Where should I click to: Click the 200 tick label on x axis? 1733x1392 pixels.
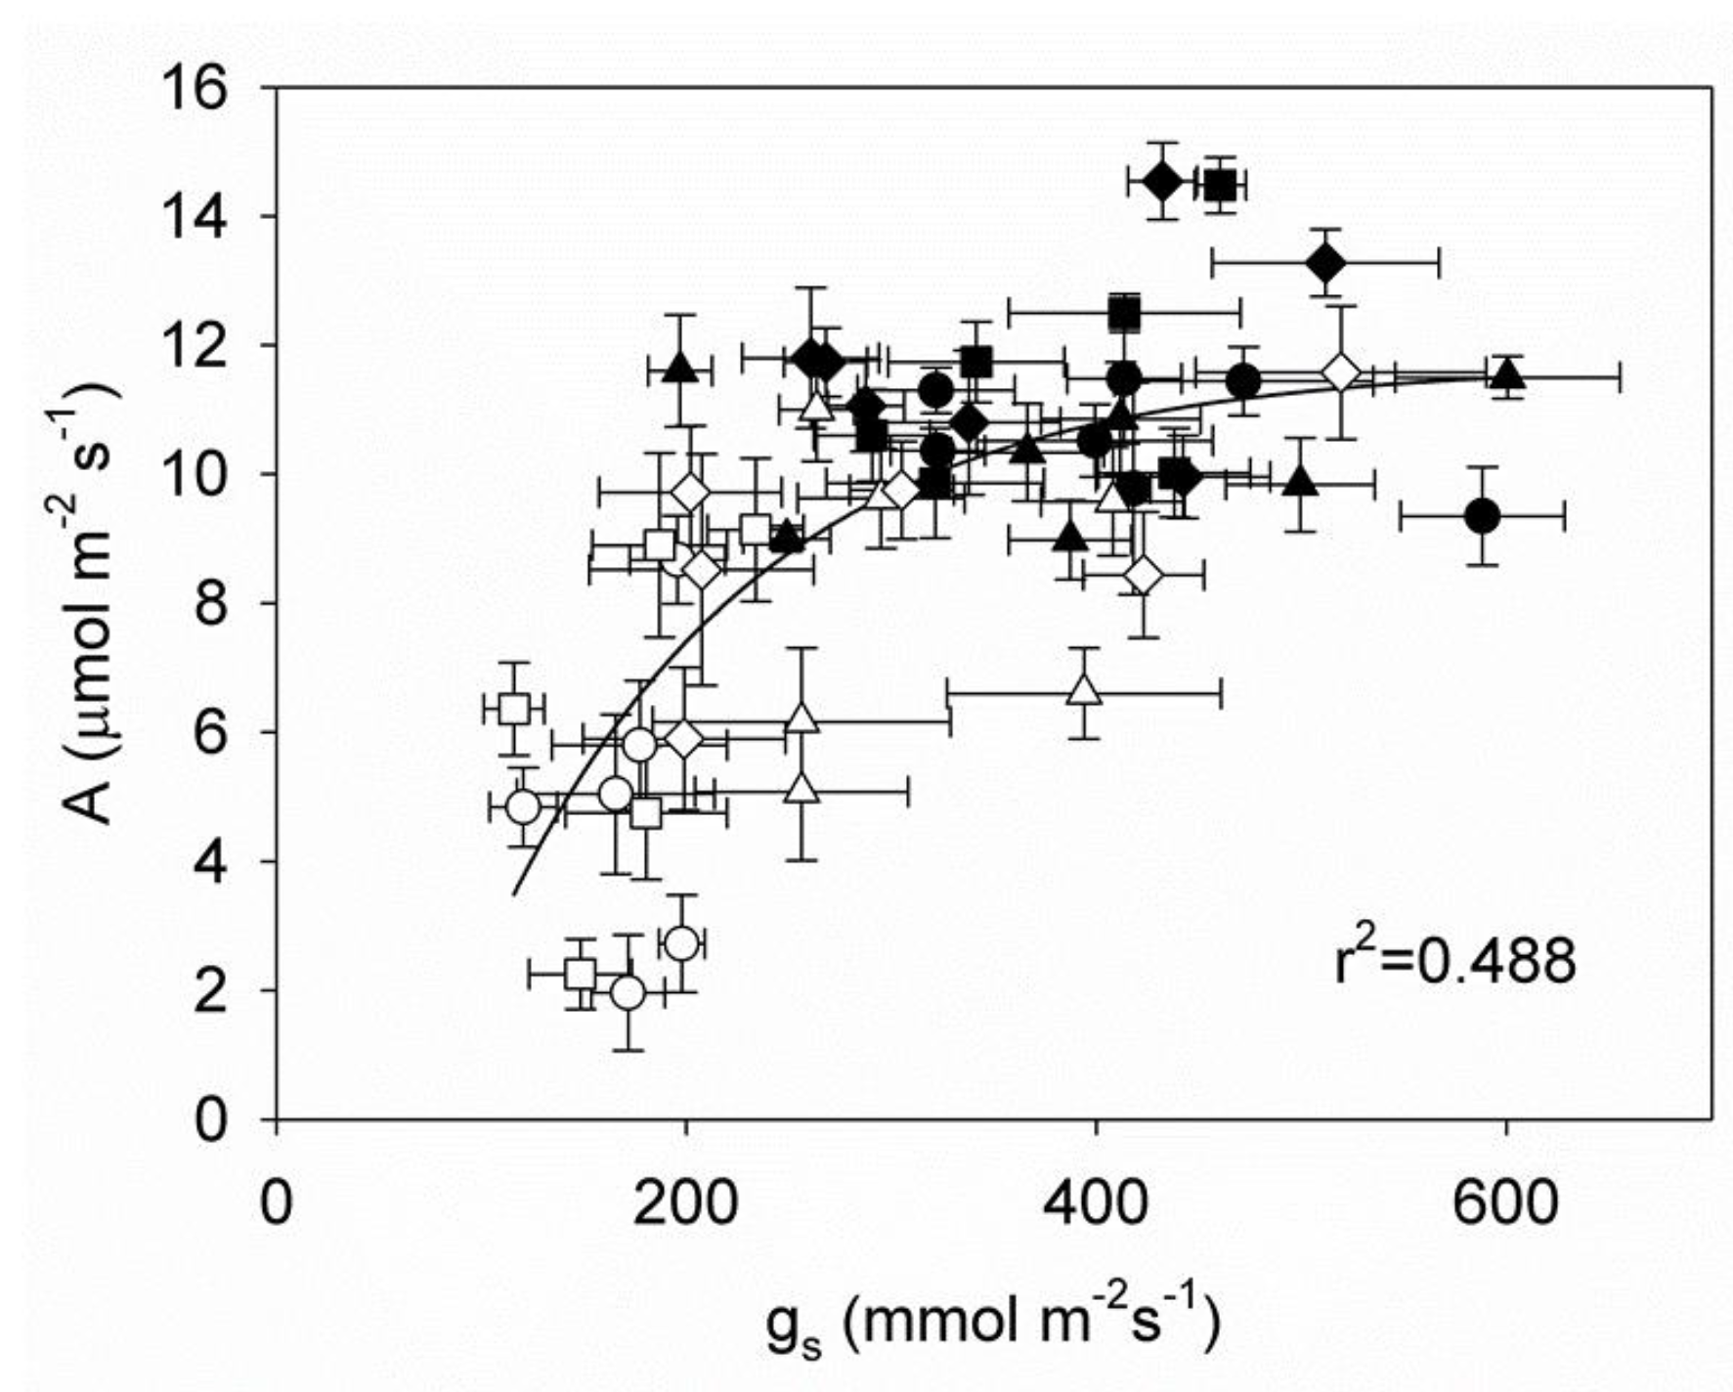pos(685,1203)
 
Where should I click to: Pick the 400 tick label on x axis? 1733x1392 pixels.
pos(1096,1203)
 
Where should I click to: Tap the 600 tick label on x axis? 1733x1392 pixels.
pos(1505,1203)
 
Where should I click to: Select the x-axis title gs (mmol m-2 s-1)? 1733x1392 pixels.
pos(992,1324)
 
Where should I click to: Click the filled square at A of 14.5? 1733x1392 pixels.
pos(1221,184)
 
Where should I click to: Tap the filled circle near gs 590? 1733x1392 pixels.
pos(1483,516)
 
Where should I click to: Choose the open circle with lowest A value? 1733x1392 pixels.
pos(628,992)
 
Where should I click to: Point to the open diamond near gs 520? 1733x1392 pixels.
pos(1342,372)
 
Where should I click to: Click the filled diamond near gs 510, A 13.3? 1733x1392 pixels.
pos(1325,262)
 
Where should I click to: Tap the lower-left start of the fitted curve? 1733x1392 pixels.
pos(514,893)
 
